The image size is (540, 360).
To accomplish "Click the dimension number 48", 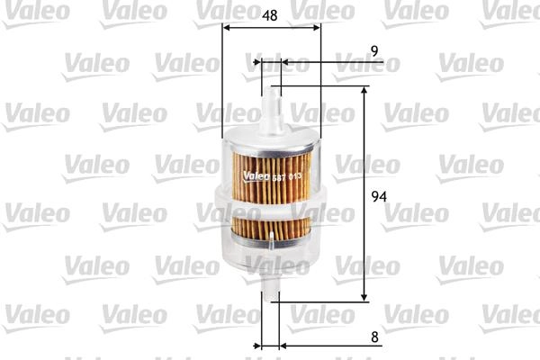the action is pos(269,15).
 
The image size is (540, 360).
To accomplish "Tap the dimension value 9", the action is pos(374,51).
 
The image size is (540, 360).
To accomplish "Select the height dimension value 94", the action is pos(379,197).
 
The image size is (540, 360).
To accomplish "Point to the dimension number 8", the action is pos(374,337).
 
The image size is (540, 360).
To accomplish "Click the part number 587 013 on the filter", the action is pos(287,177).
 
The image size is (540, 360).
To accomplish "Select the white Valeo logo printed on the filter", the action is pos(256,176).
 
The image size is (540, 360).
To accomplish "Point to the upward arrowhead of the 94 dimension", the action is pos(364,90).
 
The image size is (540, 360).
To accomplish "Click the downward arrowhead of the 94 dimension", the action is pos(364,297).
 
